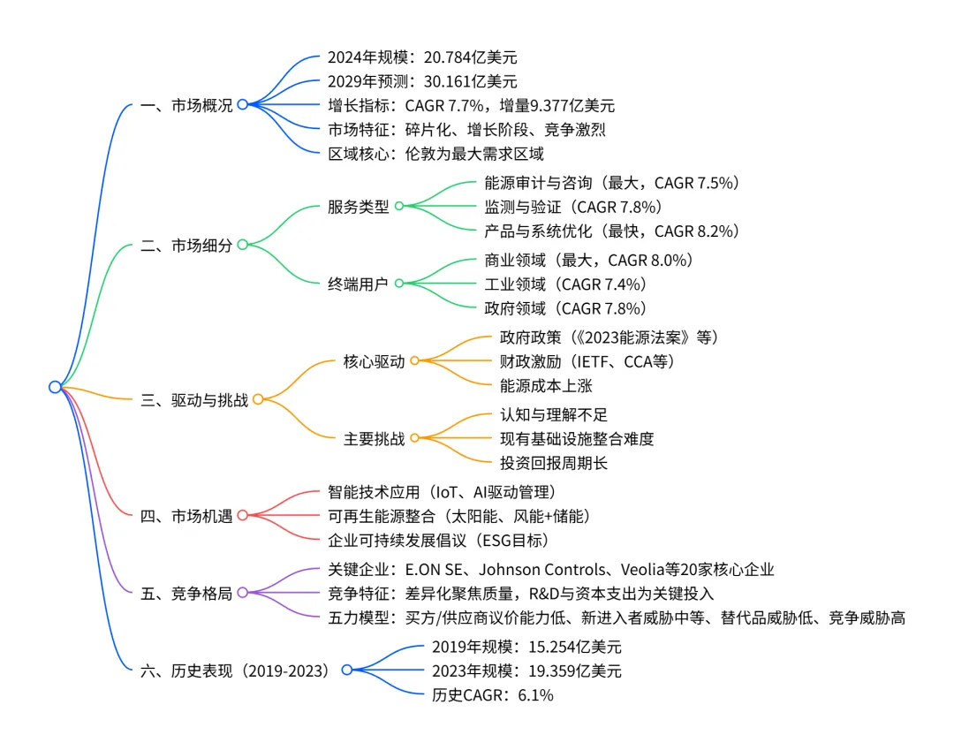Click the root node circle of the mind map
pyautogui.click(x=55, y=387)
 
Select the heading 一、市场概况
pyautogui.click(x=186, y=105)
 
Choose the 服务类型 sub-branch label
pyautogui.click(x=358, y=206)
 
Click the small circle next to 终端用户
pyautogui.click(x=398, y=284)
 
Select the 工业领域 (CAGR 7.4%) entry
pyautogui.click(x=565, y=284)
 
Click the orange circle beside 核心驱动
pyautogui.click(x=414, y=360)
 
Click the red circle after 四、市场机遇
pyautogui.click(x=242, y=515)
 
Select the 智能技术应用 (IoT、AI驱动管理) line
pyautogui.click(x=441, y=491)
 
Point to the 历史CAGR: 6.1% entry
pyautogui.click(x=492, y=695)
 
